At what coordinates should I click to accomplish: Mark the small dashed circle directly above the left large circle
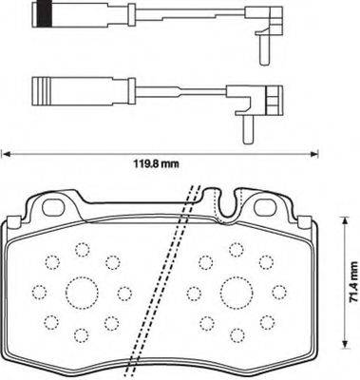click(81, 251)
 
